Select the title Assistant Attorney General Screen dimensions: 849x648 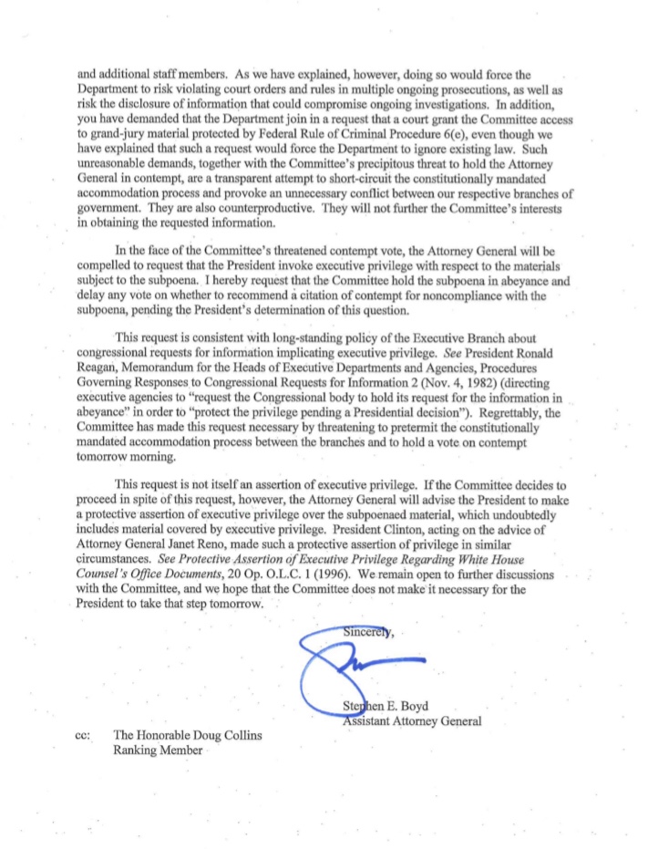[x=411, y=720]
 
